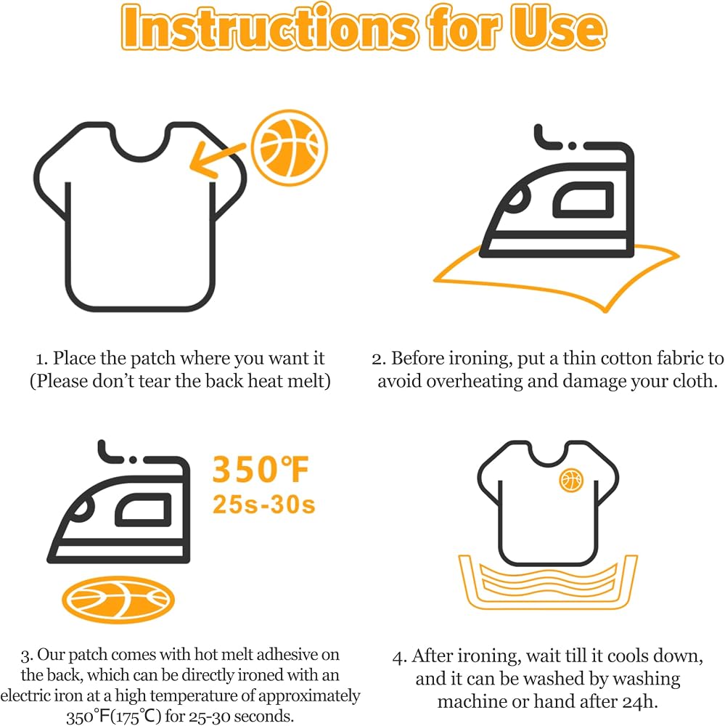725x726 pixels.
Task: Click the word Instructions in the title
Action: [x=269, y=28]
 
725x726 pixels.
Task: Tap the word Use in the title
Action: [x=558, y=28]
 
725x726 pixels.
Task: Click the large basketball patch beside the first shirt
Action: [x=290, y=147]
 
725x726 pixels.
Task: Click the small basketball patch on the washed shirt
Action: [x=571, y=480]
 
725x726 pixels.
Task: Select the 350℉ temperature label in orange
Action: [x=261, y=470]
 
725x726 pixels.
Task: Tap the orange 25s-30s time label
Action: [x=264, y=505]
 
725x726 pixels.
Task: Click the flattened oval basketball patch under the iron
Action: [x=118, y=600]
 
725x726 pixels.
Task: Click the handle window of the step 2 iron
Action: [x=583, y=200]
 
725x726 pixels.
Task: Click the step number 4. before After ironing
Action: [x=400, y=657]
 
